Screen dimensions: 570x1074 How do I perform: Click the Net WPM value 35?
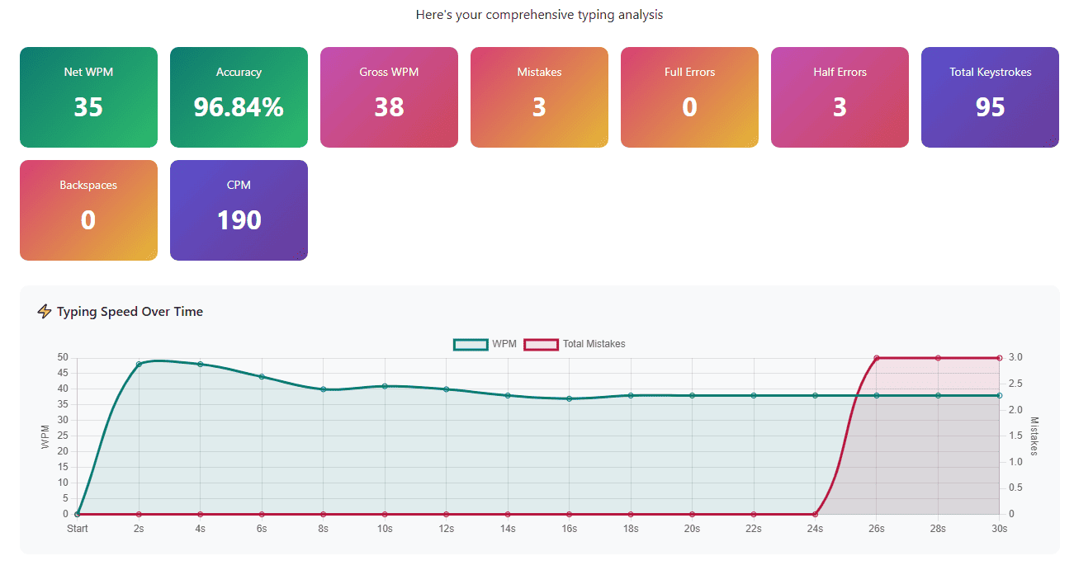[x=88, y=107]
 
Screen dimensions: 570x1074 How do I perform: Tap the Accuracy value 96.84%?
[x=239, y=107]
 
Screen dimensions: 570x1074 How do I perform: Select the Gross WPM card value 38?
[x=389, y=107]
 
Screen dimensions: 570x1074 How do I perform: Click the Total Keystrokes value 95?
[x=990, y=107]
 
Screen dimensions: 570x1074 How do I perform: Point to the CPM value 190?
[x=239, y=220]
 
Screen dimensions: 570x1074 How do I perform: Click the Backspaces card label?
[x=88, y=185]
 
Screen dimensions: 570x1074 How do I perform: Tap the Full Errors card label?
[x=689, y=72]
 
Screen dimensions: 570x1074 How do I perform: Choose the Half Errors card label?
[x=840, y=72]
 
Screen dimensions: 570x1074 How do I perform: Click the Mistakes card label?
[x=539, y=72]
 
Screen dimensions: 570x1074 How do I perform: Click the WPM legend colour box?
[x=471, y=344]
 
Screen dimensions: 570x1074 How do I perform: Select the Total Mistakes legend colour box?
[x=542, y=344]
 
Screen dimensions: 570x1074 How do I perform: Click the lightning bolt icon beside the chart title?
[x=45, y=311]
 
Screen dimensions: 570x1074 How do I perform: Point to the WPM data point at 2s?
[x=139, y=364]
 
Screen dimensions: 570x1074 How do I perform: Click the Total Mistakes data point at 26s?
[x=877, y=358]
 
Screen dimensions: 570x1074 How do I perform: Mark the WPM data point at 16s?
[x=569, y=398]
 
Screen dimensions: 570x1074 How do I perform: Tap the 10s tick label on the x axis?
[x=385, y=529]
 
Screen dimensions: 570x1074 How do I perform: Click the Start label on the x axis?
[x=78, y=529]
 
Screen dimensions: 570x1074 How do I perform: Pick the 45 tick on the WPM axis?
[x=63, y=374]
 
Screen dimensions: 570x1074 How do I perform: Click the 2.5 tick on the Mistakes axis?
[x=1015, y=384]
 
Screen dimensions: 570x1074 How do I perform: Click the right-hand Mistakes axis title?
[x=1034, y=436]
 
